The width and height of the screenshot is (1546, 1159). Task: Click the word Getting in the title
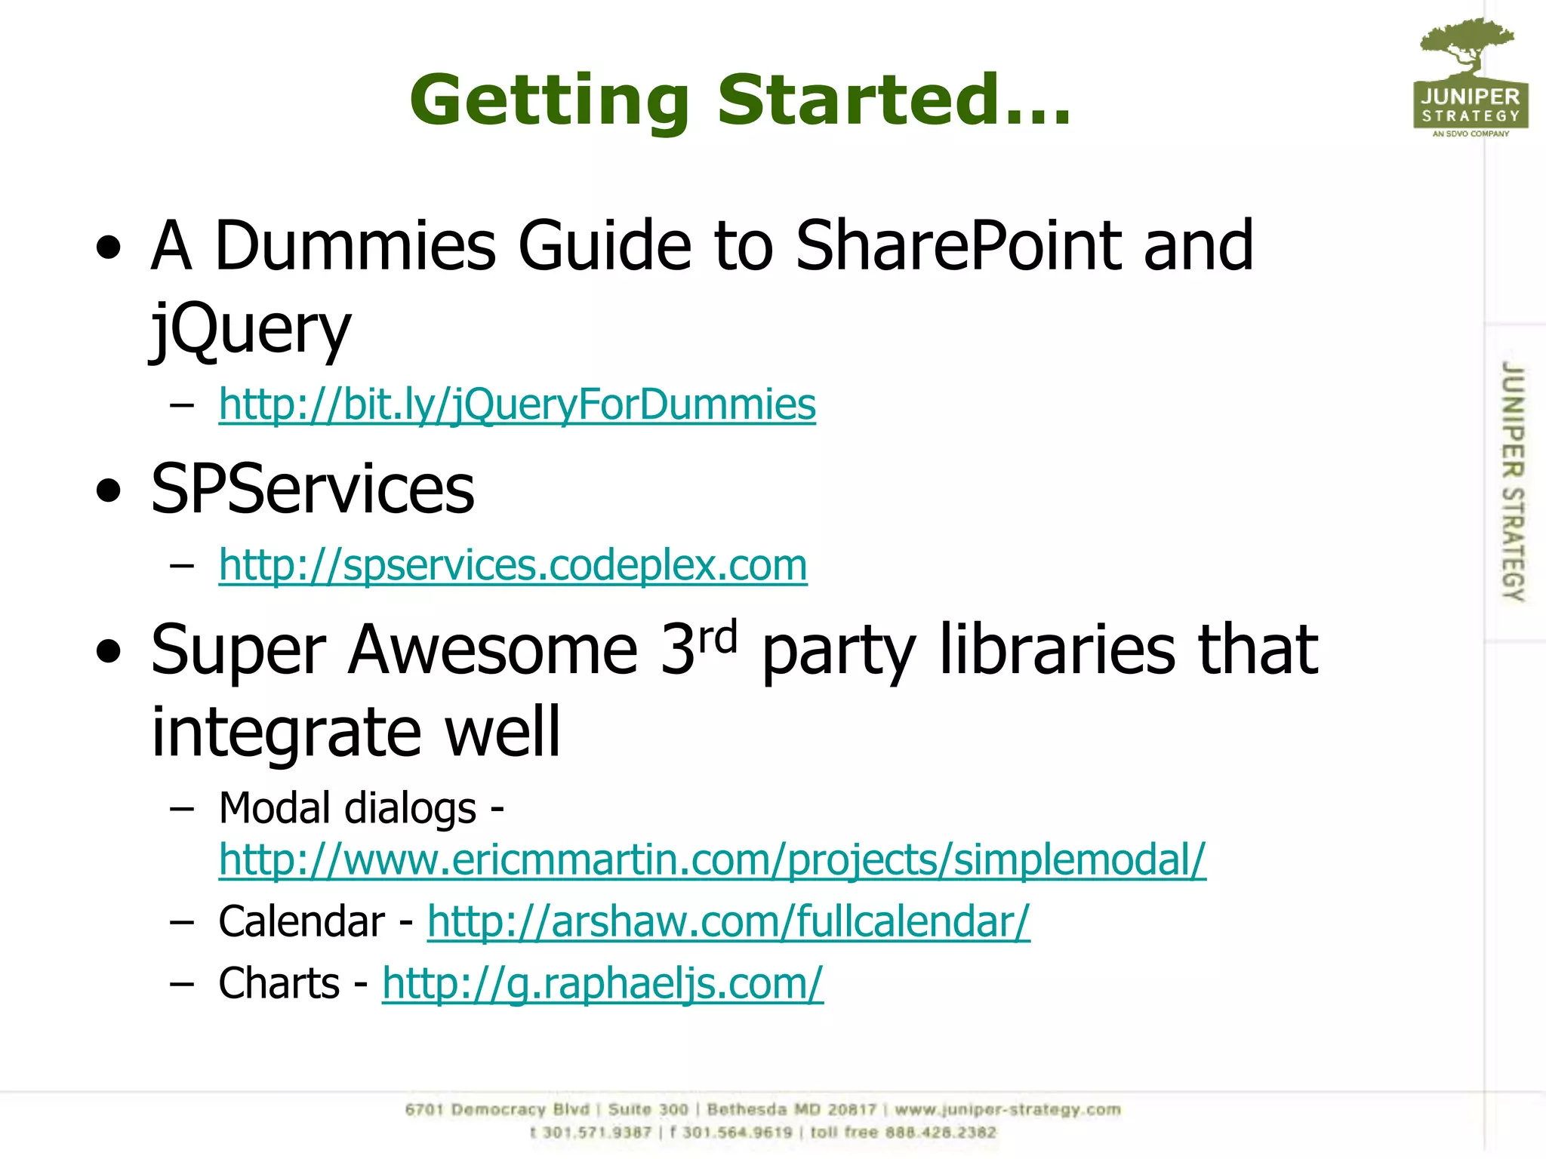pos(549,101)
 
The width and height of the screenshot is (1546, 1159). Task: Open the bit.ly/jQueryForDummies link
pos(517,404)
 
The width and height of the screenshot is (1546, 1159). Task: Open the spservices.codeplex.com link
pos(513,564)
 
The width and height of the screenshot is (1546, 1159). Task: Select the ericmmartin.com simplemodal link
pos(712,859)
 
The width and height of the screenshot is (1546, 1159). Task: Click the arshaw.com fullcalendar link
pos(728,921)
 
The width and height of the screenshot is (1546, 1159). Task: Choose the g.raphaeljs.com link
pos(602,983)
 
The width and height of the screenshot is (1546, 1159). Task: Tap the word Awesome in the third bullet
pos(492,650)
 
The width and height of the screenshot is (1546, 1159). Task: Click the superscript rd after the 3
pos(717,638)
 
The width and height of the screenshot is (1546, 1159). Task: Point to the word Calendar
pos(301,921)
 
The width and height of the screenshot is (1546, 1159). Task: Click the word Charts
pos(279,983)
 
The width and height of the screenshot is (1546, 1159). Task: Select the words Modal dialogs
pos(347,808)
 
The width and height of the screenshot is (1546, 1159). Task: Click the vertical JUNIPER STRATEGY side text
pos(1512,481)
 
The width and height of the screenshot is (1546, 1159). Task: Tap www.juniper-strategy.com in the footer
pos(1007,1110)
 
